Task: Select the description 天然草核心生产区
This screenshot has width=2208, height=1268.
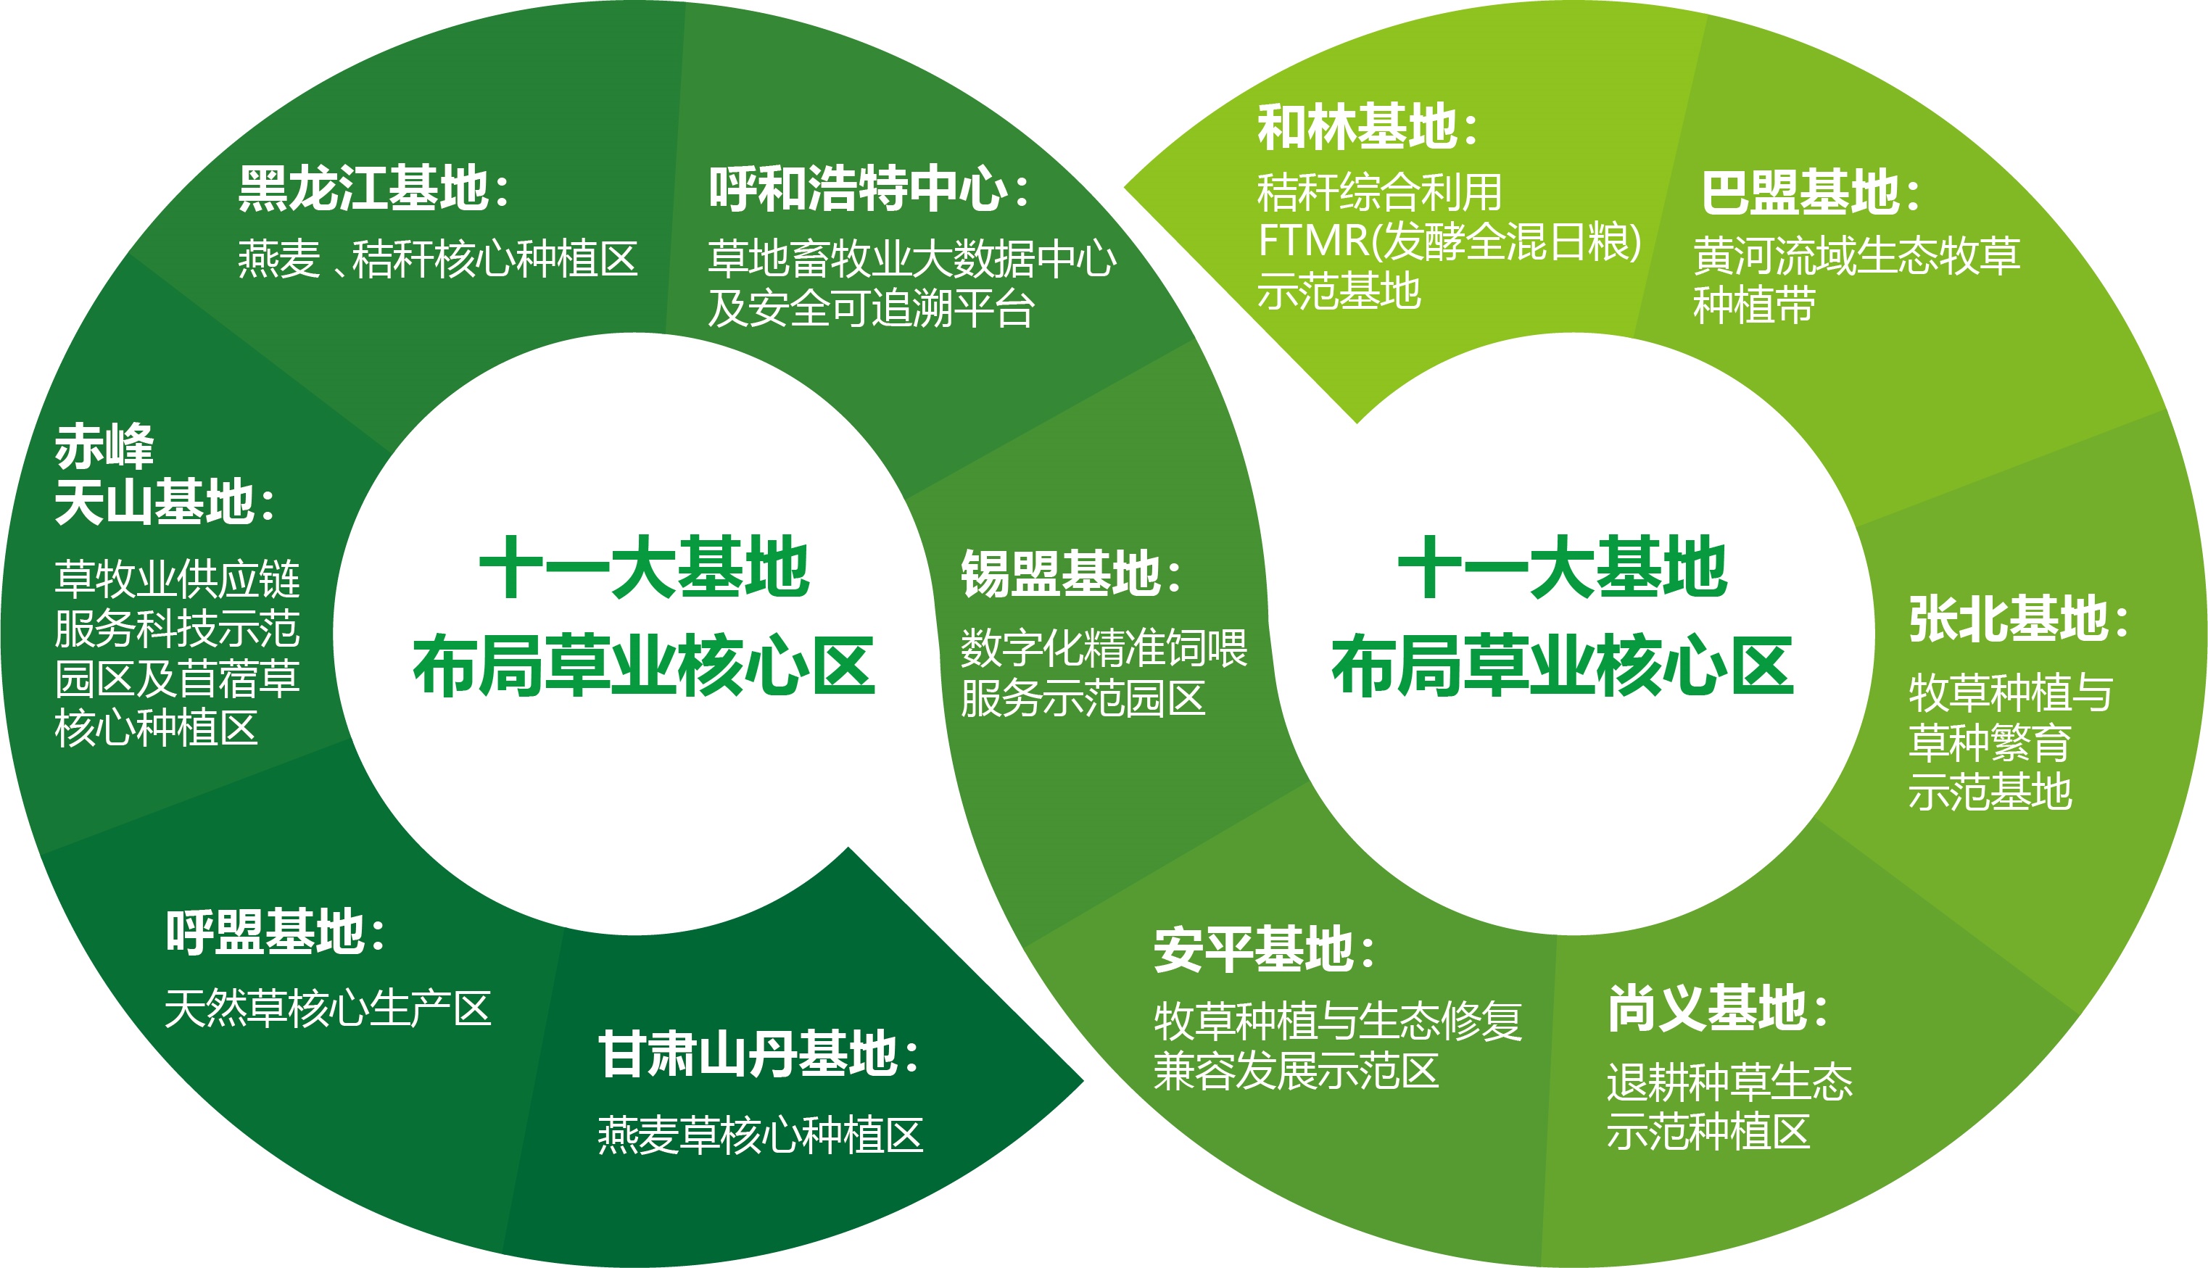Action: pos(328,1008)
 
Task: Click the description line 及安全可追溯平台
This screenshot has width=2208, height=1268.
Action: pos(871,308)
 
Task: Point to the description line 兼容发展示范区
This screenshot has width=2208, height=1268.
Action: pos(1296,1070)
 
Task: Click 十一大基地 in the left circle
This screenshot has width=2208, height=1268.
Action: pos(645,567)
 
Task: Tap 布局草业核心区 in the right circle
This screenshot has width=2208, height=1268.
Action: pos(1563,666)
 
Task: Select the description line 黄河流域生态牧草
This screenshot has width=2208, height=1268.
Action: pos(1857,255)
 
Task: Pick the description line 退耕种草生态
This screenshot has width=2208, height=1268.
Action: pos(1730,1082)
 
